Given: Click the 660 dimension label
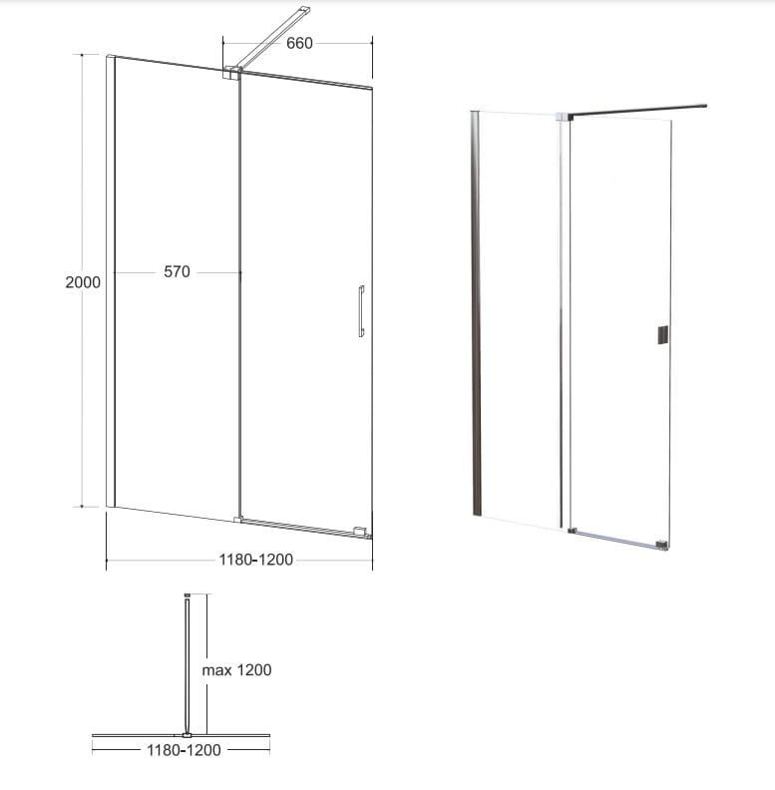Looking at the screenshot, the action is tap(299, 43).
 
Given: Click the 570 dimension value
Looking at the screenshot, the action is tap(177, 272).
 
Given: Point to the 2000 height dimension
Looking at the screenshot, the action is tap(83, 282).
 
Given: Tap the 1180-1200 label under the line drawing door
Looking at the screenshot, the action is tap(256, 560).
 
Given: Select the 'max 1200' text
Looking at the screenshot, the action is tap(236, 670).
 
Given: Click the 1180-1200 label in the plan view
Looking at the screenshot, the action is tap(184, 750).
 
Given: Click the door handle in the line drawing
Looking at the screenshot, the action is tap(361, 311).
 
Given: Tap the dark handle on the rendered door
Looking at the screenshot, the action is tap(663, 335).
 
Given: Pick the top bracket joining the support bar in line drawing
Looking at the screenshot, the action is tap(231, 73).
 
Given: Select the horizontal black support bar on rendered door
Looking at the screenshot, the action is tap(638, 111).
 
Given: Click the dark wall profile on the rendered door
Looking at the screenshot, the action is tap(476, 313).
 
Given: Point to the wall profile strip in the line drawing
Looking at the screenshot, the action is tap(111, 280).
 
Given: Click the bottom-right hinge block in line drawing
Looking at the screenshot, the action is tap(360, 531).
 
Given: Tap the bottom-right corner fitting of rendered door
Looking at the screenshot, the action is tap(662, 545).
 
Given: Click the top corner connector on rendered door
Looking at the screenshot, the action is tap(565, 117).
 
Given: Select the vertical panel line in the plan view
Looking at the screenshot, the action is tap(188, 665).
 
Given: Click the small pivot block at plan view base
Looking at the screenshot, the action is tap(187, 735).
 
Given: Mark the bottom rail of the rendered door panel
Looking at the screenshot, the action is tap(614, 538).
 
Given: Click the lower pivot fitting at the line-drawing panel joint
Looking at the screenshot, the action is tap(237, 520).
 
